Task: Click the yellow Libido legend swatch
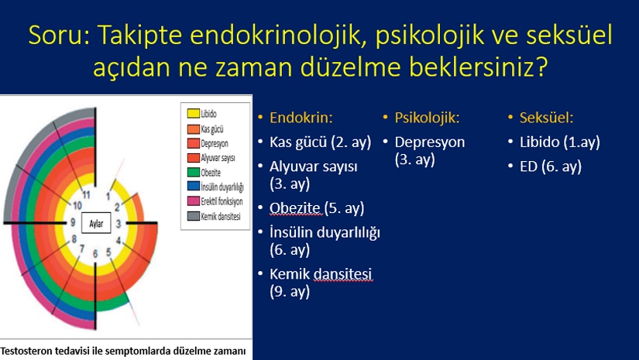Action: [x=193, y=113]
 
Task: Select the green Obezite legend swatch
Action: [x=193, y=172]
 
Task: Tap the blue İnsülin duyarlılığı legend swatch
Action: [x=193, y=187]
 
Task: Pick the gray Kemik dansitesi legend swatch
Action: [x=193, y=216]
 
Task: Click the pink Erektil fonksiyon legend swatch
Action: [x=193, y=201]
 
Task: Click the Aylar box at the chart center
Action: [x=96, y=223]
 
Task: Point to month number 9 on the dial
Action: [x=73, y=222]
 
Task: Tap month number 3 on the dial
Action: [x=119, y=224]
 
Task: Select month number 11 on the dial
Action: [x=86, y=194]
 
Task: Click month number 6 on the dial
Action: [x=95, y=254]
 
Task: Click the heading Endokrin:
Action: [x=301, y=118]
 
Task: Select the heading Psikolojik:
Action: [x=427, y=118]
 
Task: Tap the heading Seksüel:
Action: [x=546, y=118]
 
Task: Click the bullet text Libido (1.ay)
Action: [x=559, y=142]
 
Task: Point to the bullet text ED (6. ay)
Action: [x=550, y=166]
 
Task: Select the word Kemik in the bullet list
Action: [x=290, y=274]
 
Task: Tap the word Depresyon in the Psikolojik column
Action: [x=430, y=142]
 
